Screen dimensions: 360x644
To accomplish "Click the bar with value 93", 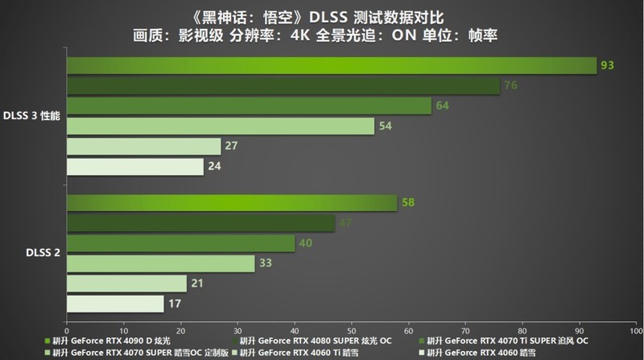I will pos(331,65).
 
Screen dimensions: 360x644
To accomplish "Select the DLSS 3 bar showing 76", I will pos(283,85).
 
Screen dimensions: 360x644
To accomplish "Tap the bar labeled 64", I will pos(249,106).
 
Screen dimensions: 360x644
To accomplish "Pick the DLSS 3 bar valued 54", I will pos(220,126).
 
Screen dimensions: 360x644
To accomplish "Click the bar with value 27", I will pos(143,146).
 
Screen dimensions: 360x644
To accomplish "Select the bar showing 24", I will pos(134,166).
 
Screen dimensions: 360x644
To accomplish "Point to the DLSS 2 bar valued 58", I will pos(231,203).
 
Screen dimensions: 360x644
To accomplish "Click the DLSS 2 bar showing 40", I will pos(180,243).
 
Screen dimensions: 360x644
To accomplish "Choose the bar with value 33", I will pos(160,263).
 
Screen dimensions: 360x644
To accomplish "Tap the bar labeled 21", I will pos(126,283).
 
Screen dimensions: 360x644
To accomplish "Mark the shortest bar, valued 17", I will pos(115,304).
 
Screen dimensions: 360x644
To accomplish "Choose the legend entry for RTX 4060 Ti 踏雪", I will pos(294,352).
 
